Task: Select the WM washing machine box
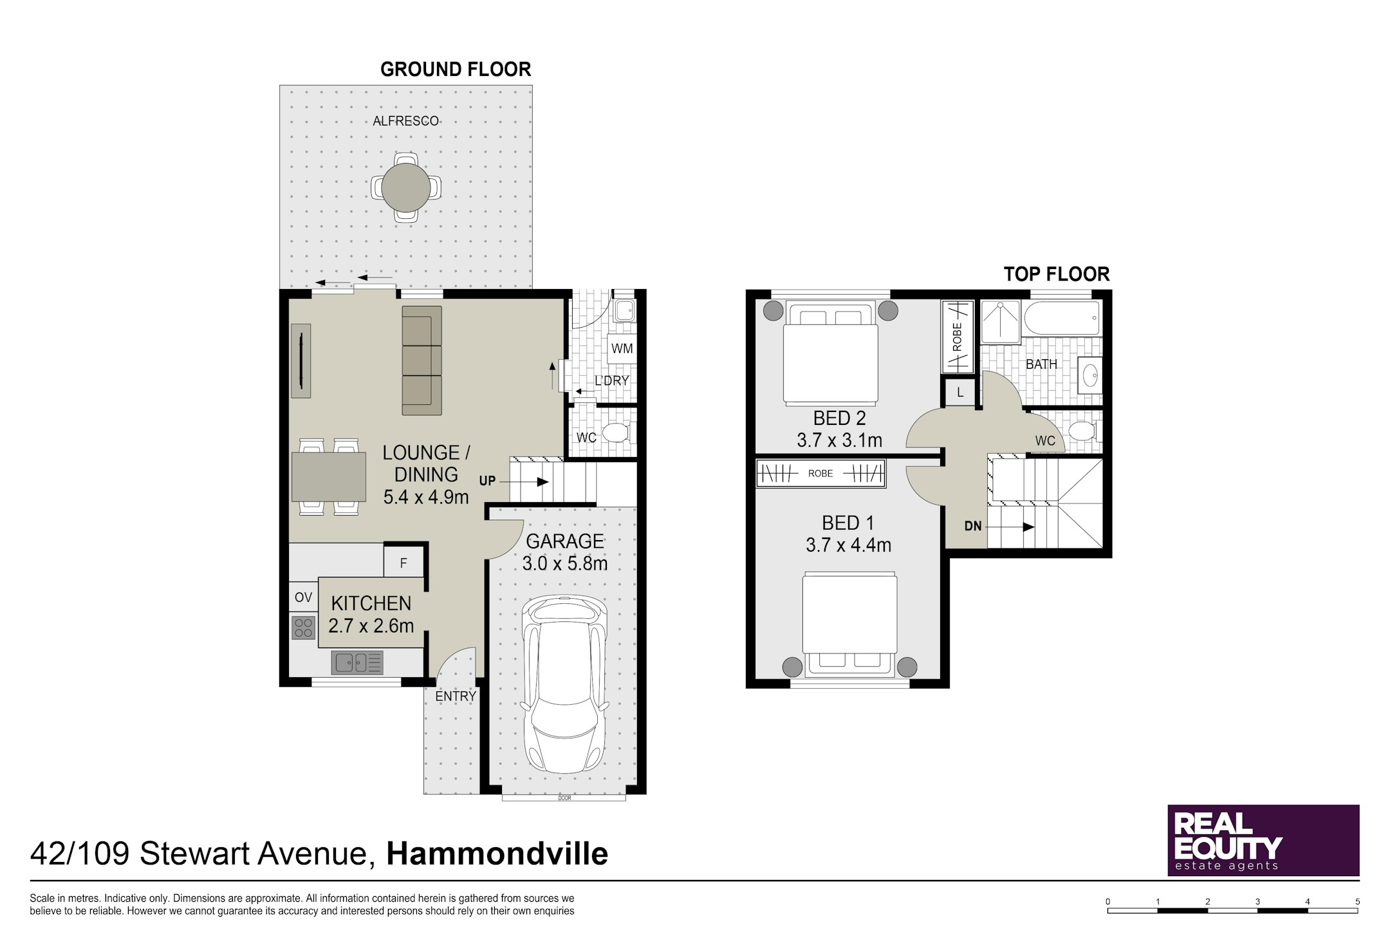pyautogui.click(x=622, y=349)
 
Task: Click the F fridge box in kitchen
pyautogui.click(x=403, y=563)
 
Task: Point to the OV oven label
pyautogui.click(x=303, y=597)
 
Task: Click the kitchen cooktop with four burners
pyautogui.click(x=303, y=628)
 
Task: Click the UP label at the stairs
pyautogui.click(x=487, y=481)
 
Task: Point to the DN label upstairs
pyautogui.click(x=973, y=526)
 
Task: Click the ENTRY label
pyautogui.click(x=456, y=696)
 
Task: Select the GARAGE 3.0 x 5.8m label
pyautogui.click(x=564, y=552)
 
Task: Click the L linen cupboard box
pyautogui.click(x=960, y=392)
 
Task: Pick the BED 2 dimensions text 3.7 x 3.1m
pyautogui.click(x=839, y=441)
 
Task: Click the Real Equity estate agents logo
pyautogui.click(x=1263, y=840)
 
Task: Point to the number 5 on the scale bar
pyautogui.click(x=1357, y=902)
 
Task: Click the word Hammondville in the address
pyautogui.click(x=497, y=854)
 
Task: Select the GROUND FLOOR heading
pyautogui.click(x=456, y=70)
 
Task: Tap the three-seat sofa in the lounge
pyautogui.click(x=422, y=360)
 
